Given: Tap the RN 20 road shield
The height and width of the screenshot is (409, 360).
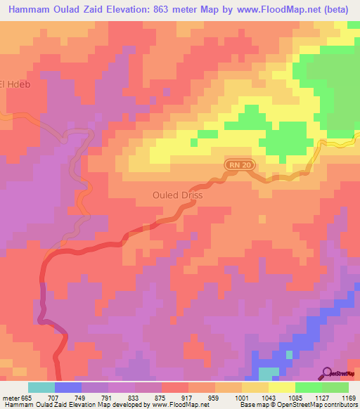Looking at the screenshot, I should pos(239,164).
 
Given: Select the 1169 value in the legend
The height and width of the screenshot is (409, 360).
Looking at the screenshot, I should pos(348,397).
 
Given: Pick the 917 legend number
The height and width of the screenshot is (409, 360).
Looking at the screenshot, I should pos(188,397).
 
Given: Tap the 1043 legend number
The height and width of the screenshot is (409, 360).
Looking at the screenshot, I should pos(268,397).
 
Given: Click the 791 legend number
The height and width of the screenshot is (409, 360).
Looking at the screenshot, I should pos(108,397).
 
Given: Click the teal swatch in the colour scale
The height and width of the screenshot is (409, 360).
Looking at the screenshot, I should pos(41,387).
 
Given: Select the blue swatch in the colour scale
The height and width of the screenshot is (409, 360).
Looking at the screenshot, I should pos(68,387).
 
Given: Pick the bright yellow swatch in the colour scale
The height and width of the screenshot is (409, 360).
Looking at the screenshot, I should pos(281,387).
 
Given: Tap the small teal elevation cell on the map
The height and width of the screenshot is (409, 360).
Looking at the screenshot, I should pos(268,373).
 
